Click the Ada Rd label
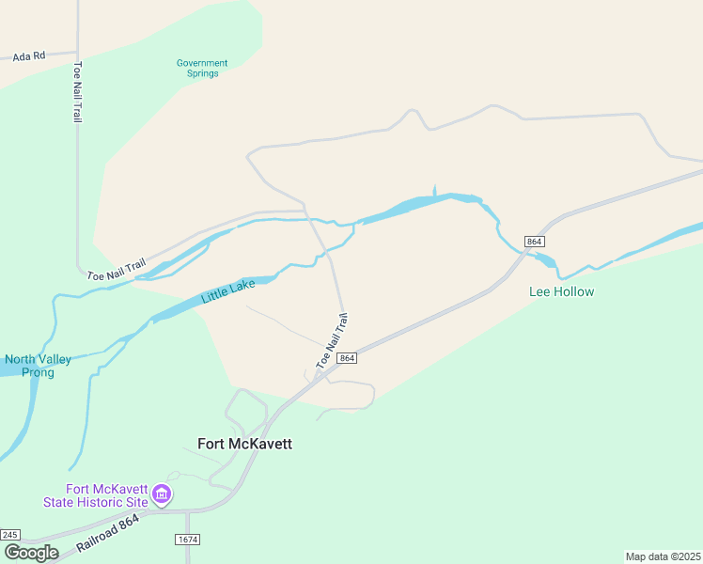(x=28, y=55)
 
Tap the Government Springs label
(x=202, y=69)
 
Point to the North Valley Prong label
(x=29, y=366)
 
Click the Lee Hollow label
(x=562, y=291)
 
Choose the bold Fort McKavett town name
(x=244, y=444)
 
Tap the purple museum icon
(x=162, y=493)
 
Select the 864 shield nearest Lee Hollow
(x=534, y=242)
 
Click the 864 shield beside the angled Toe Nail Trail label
(x=347, y=358)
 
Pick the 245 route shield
(x=10, y=534)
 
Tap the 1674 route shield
(x=188, y=540)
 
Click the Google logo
(x=31, y=552)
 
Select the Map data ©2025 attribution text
(x=663, y=556)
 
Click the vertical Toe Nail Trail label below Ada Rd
(x=77, y=92)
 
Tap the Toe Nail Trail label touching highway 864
(x=336, y=340)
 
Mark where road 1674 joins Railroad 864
(x=187, y=511)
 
